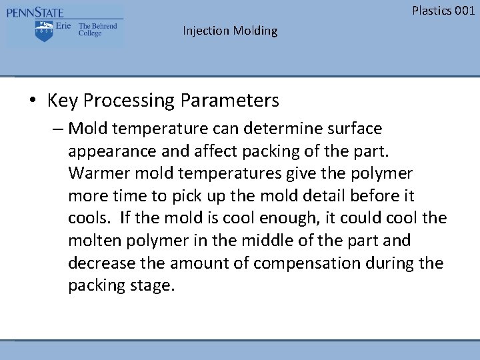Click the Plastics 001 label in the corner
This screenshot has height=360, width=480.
pos(443,10)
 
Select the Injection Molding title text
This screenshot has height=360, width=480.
pos(230,31)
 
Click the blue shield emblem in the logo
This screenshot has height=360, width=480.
pos(44,31)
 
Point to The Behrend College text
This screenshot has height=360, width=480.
pos(97,30)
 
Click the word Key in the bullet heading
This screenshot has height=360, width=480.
pos(63,101)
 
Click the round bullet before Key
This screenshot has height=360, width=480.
pos(32,101)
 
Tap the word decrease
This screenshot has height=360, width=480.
pos(97,263)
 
